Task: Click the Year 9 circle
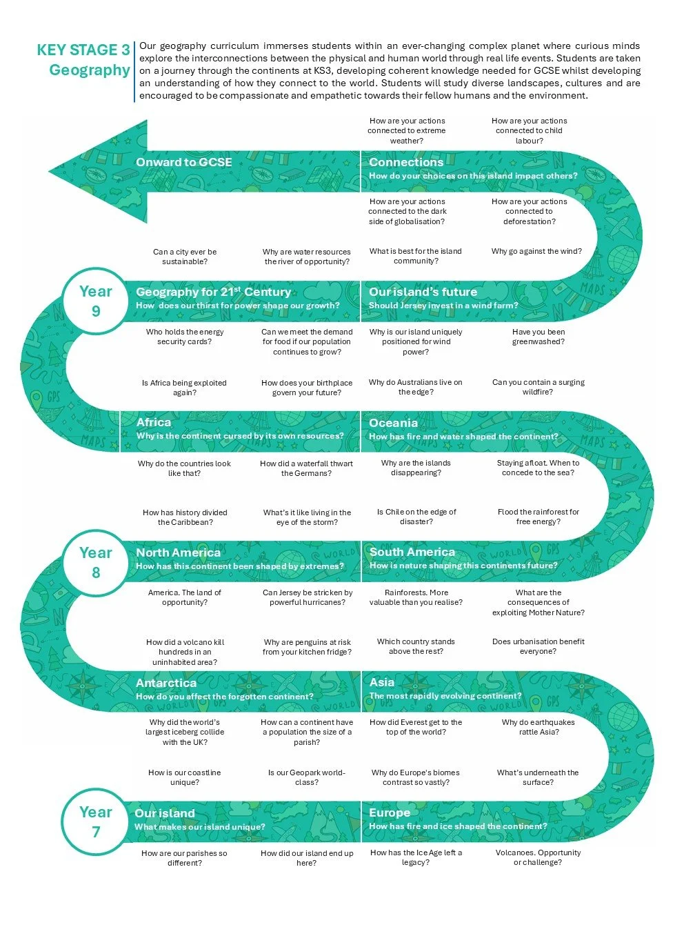[96, 301]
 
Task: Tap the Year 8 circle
[96, 562]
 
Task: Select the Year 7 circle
[96, 821]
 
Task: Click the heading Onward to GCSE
[183, 162]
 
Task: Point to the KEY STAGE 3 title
[83, 50]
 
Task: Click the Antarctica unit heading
[166, 683]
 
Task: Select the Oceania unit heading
[393, 423]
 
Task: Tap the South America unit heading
[412, 552]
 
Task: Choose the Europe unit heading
[390, 813]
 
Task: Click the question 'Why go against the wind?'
[536, 251]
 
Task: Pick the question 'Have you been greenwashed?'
[538, 337]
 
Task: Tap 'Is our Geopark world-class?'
[307, 777]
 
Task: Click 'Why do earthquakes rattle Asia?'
[538, 727]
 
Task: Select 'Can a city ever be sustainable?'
[185, 257]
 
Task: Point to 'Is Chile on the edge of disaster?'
[416, 517]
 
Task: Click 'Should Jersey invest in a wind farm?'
[443, 306]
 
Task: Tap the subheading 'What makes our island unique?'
[200, 827]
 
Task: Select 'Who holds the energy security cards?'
[185, 337]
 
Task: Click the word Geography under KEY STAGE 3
[90, 70]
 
